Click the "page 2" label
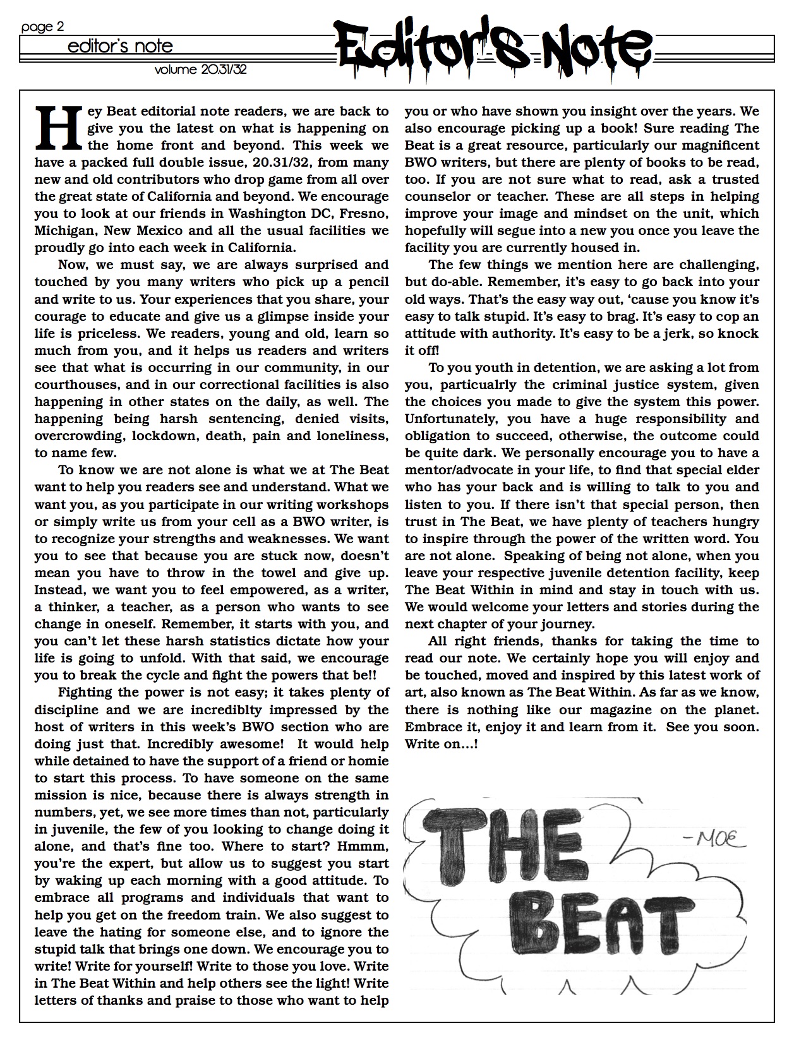[x=42, y=27]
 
